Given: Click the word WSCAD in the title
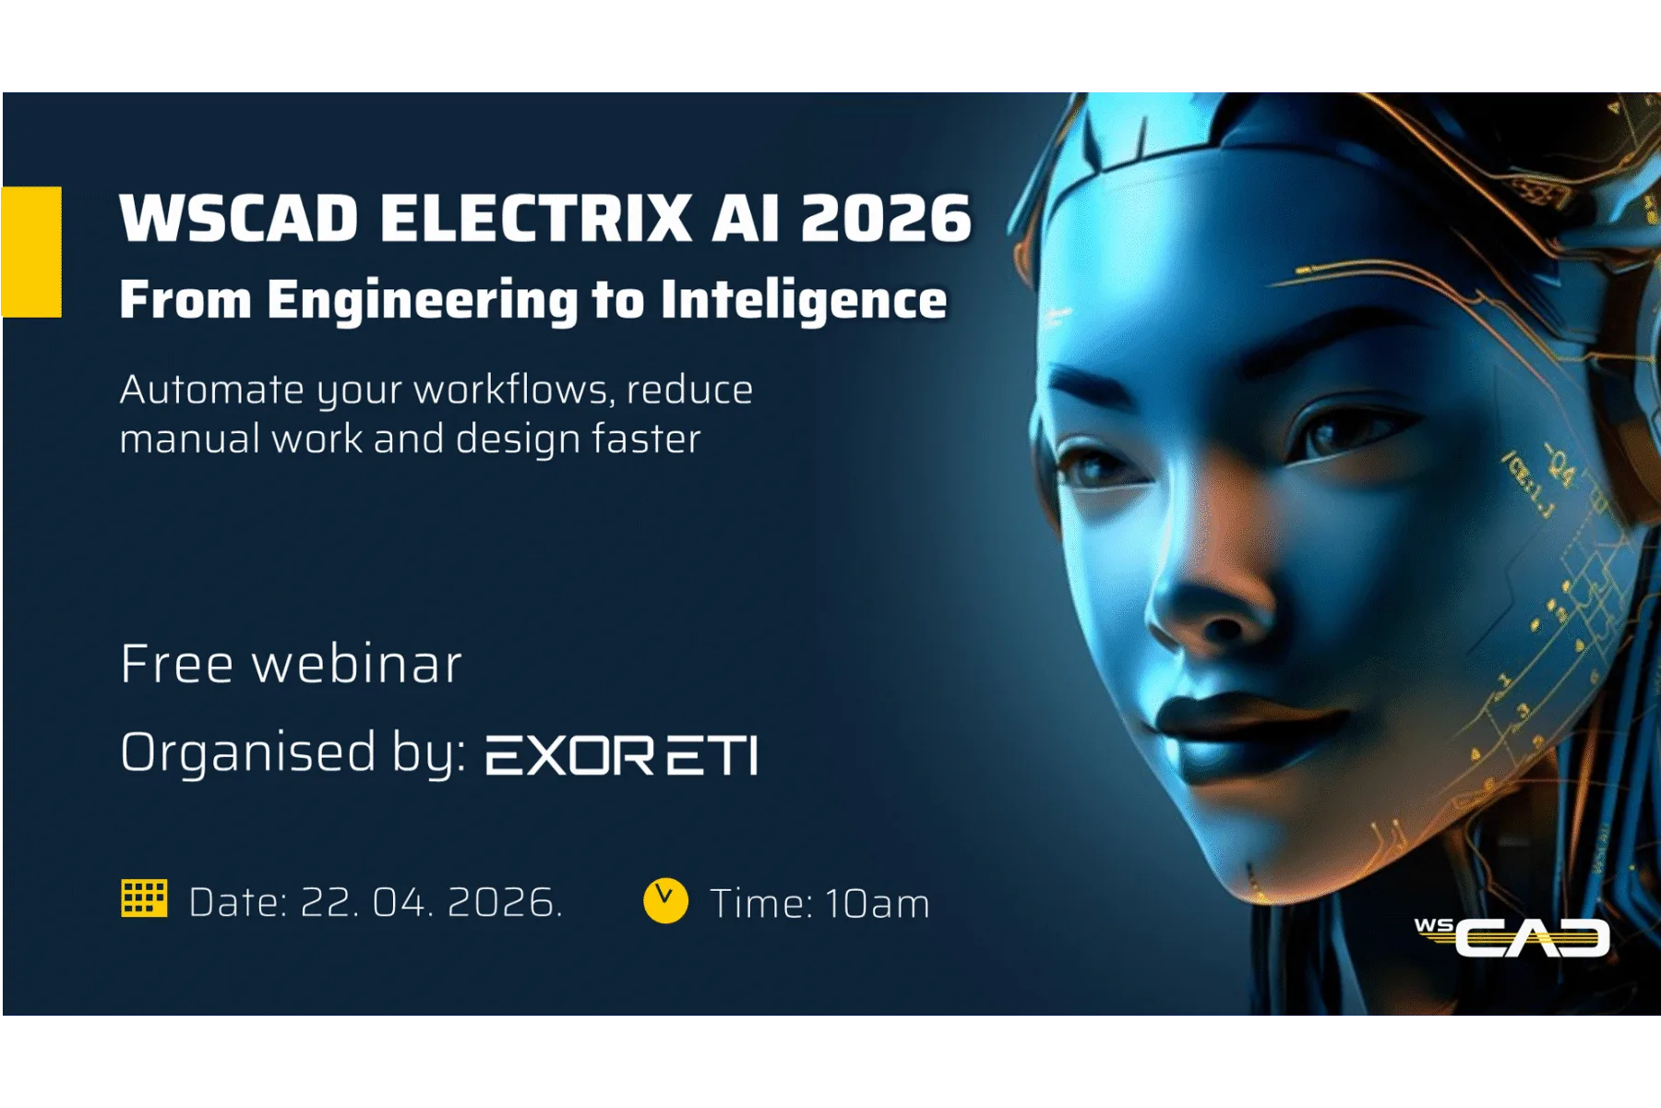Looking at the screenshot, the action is (x=239, y=218).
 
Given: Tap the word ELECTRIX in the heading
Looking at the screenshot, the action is (x=535, y=218).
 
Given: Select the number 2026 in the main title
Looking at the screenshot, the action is (x=886, y=218).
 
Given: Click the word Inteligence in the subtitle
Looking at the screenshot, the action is (x=804, y=300).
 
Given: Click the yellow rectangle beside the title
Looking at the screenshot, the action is (x=31, y=252).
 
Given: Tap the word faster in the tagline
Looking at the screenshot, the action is (x=646, y=438).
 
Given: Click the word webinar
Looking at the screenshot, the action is (x=356, y=664).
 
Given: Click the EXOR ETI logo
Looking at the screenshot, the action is (x=622, y=755).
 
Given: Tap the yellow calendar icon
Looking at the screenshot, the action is (x=144, y=898).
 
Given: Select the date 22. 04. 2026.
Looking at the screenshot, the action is (x=431, y=902).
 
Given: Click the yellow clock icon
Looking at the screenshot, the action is (x=665, y=901).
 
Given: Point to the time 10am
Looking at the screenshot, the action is (x=877, y=903).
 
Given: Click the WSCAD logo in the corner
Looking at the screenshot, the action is (x=1512, y=936).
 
